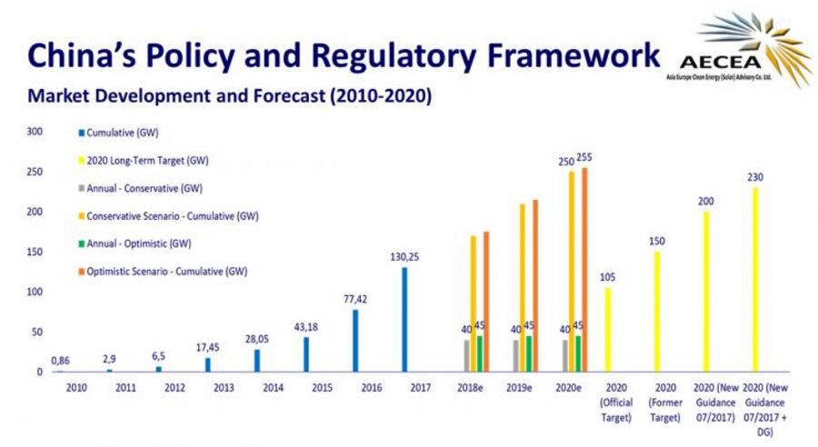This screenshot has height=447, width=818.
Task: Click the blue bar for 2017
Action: pyautogui.click(x=404, y=319)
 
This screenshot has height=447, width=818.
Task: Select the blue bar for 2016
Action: pyautogui.click(x=355, y=341)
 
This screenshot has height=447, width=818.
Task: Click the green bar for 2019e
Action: pyautogui.click(x=529, y=353)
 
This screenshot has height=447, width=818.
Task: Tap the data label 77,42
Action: pyautogui.click(x=354, y=299)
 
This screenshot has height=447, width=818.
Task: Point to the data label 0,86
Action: pyautogui.click(x=60, y=361)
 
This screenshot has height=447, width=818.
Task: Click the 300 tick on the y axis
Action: pyautogui.click(x=35, y=132)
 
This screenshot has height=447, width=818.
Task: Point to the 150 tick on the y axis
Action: pyautogui.click(x=35, y=252)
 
